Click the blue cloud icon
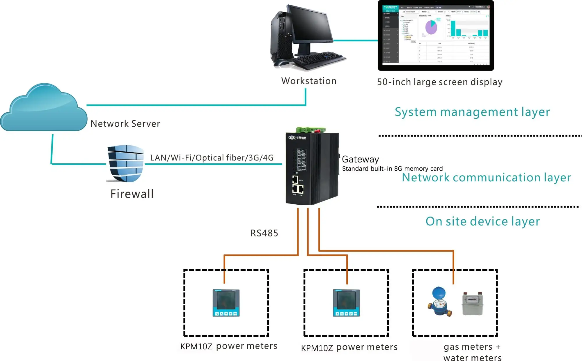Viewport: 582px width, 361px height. coord(44,109)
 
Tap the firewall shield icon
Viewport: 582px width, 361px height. coord(126,163)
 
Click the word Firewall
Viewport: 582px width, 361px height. coord(132,194)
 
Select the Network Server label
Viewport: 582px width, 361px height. coord(125,124)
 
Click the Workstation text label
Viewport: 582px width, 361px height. coord(309,81)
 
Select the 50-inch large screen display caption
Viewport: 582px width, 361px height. coord(439,82)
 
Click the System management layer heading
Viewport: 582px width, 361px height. coord(472,112)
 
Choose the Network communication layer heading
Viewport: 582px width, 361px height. coord(486,178)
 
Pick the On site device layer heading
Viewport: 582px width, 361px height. coord(482,222)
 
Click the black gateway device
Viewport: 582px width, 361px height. coord(312,169)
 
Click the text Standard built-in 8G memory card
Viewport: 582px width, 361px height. coord(392,169)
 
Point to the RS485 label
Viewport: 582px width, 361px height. coord(264,233)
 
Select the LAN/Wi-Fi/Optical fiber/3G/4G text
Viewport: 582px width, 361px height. coord(212,158)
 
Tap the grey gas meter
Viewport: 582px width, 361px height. coord(473,303)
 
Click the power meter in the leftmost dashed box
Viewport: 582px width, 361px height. coord(226,303)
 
